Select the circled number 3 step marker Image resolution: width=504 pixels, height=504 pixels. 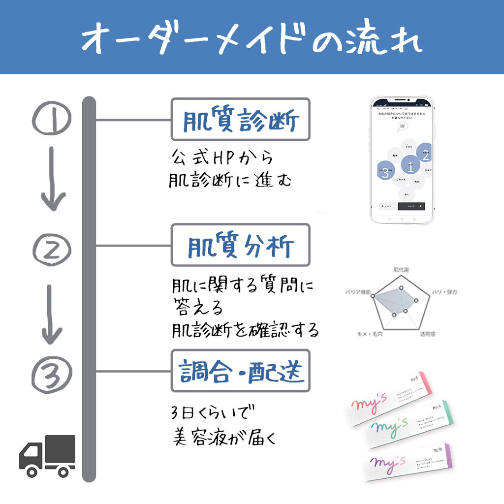click(x=52, y=374)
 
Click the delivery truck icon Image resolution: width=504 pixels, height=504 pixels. click(x=47, y=455)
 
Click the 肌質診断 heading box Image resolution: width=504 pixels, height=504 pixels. click(x=240, y=120)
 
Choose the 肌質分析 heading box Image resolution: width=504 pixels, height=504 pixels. click(x=240, y=245)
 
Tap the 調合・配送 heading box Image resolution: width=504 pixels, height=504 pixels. click(x=240, y=371)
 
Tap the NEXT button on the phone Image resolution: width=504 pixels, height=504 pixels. click(x=411, y=206)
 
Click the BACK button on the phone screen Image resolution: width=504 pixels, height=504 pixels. click(x=386, y=206)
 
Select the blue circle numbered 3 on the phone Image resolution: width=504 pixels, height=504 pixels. click(x=385, y=171)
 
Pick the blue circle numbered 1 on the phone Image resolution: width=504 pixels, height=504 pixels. click(x=410, y=166)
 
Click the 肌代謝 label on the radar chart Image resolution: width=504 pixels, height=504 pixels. click(x=401, y=270)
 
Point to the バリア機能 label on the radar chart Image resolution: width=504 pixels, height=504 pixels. click(x=358, y=292)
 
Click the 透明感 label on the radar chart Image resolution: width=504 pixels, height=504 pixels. click(x=427, y=334)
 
